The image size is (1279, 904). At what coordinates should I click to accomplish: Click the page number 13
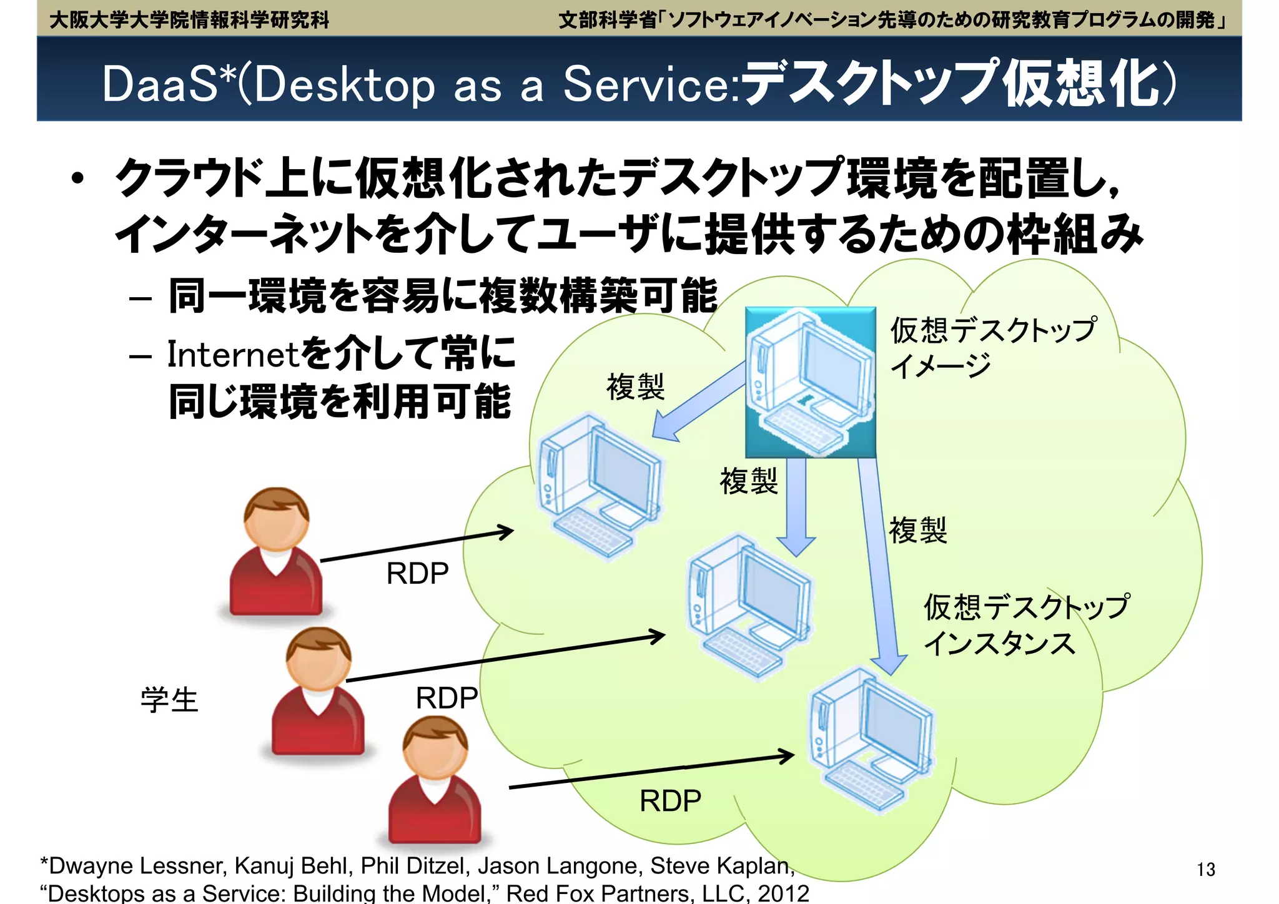tap(1205, 869)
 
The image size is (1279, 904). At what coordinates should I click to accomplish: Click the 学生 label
tap(169, 700)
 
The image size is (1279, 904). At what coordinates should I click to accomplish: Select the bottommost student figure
tap(435, 780)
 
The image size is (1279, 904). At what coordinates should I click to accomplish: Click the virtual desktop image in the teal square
tap(811, 382)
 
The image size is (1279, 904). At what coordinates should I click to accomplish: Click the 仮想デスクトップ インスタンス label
tap(1025, 624)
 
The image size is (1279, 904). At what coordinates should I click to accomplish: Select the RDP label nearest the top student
tap(417, 573)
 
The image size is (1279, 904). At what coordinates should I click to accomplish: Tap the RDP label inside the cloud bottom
tap(670, 801)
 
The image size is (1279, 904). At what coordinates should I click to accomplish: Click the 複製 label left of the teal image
tap(635, 386)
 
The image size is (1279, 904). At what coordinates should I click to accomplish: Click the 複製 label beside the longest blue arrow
tap(917, 530)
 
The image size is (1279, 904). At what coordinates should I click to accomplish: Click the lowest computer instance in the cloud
tap(871, 740)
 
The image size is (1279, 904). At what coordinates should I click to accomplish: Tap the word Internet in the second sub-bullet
tap(234, 355)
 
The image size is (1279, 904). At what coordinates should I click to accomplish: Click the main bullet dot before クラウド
tap(77, 179)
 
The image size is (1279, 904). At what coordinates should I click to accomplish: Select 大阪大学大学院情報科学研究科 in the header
tap(189, 20)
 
